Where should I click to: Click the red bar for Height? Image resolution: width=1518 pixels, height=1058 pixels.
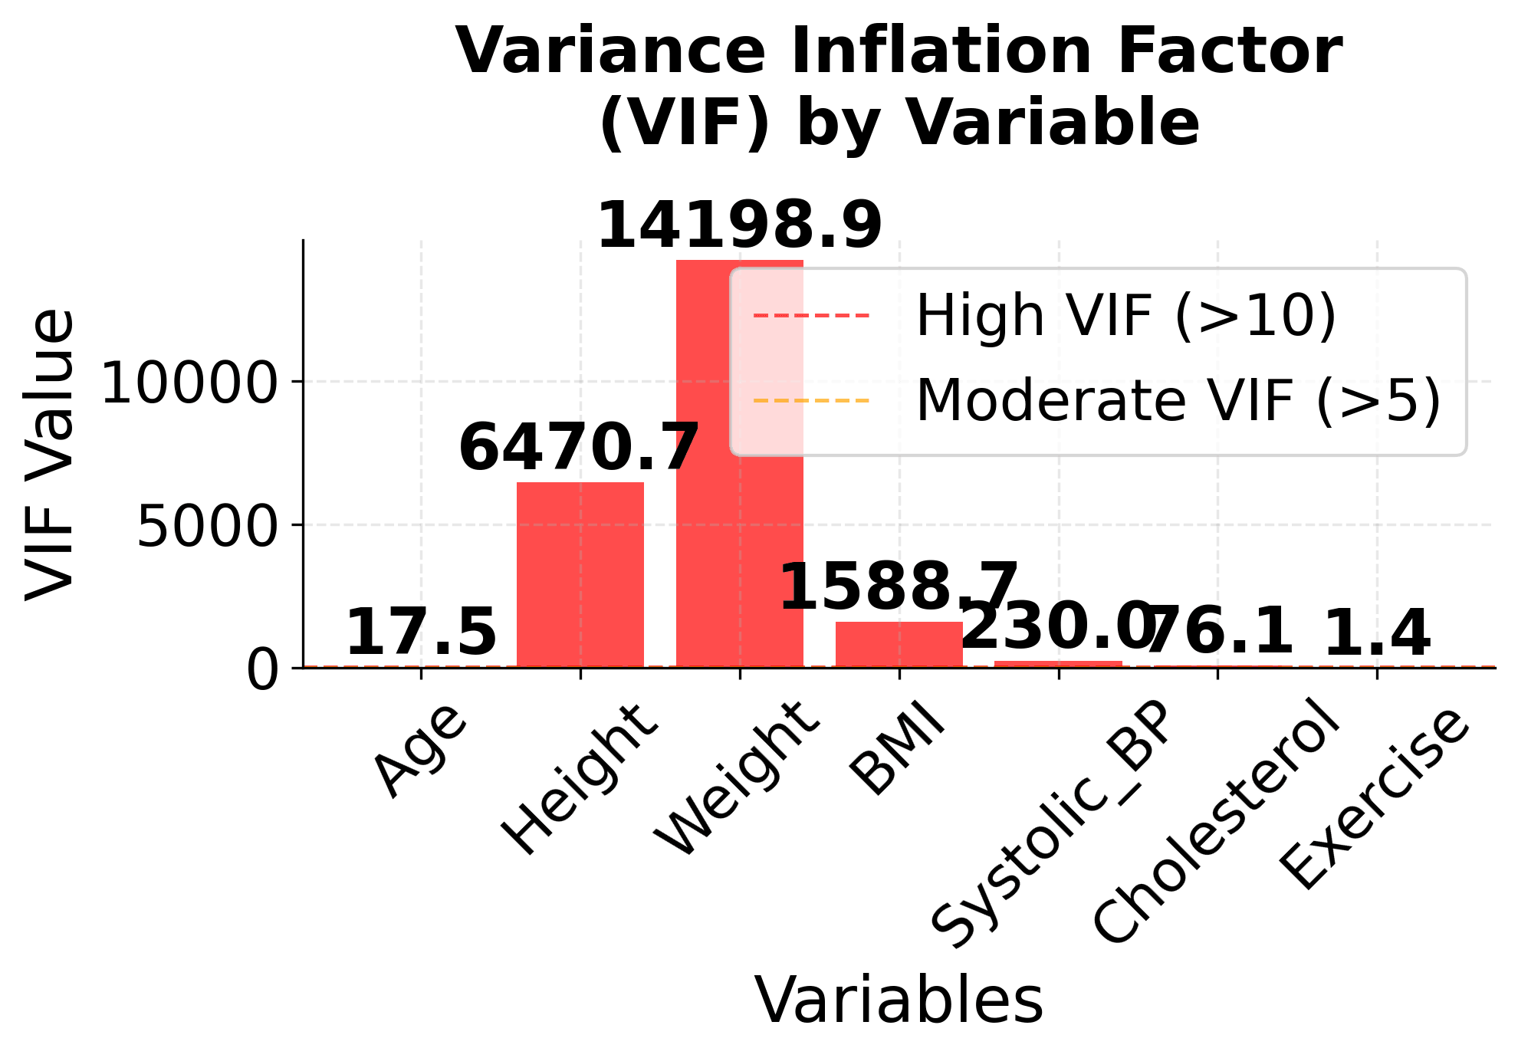coord(580,575)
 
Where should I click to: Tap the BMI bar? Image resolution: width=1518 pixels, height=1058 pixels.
coord(899,645)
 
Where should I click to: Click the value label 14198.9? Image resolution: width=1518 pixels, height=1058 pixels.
coord(739,225)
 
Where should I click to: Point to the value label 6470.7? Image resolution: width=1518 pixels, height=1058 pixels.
coord(579,448)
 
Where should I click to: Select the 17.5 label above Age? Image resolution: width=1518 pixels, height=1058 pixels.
coord(421,632)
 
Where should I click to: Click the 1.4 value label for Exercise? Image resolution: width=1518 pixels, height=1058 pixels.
coord(1377,633)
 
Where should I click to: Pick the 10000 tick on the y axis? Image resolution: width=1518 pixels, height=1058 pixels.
coord(189,383)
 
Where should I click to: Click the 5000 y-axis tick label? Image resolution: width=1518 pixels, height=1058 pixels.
coord(207,527)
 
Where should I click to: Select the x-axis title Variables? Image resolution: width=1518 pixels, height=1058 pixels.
coord(899,1000)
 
